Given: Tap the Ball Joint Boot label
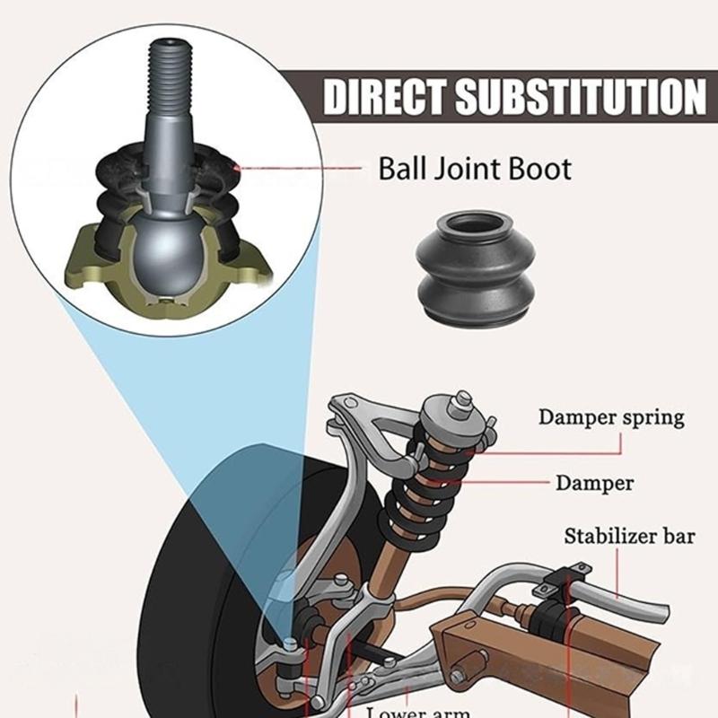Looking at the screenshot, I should [474, 168].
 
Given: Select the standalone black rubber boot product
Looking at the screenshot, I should [475, 268].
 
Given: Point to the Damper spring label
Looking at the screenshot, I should [610, 417].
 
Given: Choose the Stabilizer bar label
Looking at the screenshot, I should [629, 537].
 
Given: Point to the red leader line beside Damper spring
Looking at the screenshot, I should [503, 438].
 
